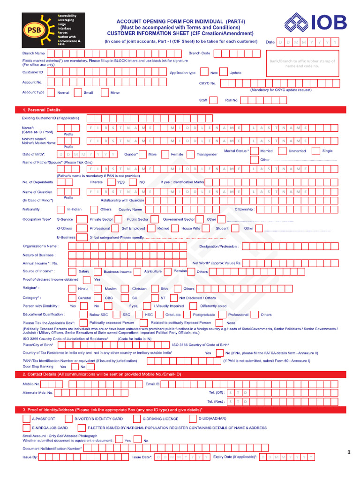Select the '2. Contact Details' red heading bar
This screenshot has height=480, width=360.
coord(101,374)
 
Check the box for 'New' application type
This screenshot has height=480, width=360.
coord(204,72)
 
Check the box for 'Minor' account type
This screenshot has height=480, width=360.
coord(104,92)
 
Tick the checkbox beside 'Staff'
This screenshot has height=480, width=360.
coord(213,100)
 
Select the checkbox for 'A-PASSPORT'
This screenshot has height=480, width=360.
coord(27,418)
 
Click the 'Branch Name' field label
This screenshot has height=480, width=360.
coord(34,53)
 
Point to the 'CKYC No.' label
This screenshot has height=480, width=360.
coord(207,83)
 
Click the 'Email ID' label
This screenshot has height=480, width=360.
coord(152,384)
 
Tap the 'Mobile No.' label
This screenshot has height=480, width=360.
coord(31,384)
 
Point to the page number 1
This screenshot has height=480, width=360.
coord(349,452)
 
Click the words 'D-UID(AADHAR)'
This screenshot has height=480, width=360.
coord(212,418)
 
